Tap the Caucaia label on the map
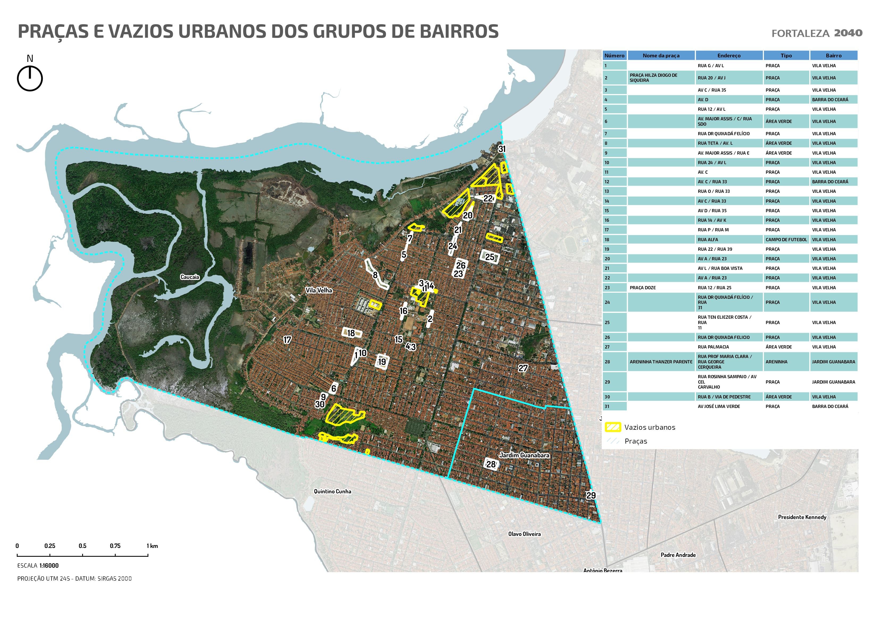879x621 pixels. [190, 277]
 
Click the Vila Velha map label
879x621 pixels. [318, 290]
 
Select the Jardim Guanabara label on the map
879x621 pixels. [524, 455]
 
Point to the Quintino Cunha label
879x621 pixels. [332, 491]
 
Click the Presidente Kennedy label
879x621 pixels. [802, 517]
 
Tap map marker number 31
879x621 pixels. [502, 149]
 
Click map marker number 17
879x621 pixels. [287, 339]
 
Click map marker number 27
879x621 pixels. [523, 368]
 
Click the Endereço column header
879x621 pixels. [729, 56]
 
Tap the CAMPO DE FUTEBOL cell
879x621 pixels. [786, 240]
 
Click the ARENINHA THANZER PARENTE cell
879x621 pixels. [661, 361]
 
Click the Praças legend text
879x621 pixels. [636, 441]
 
